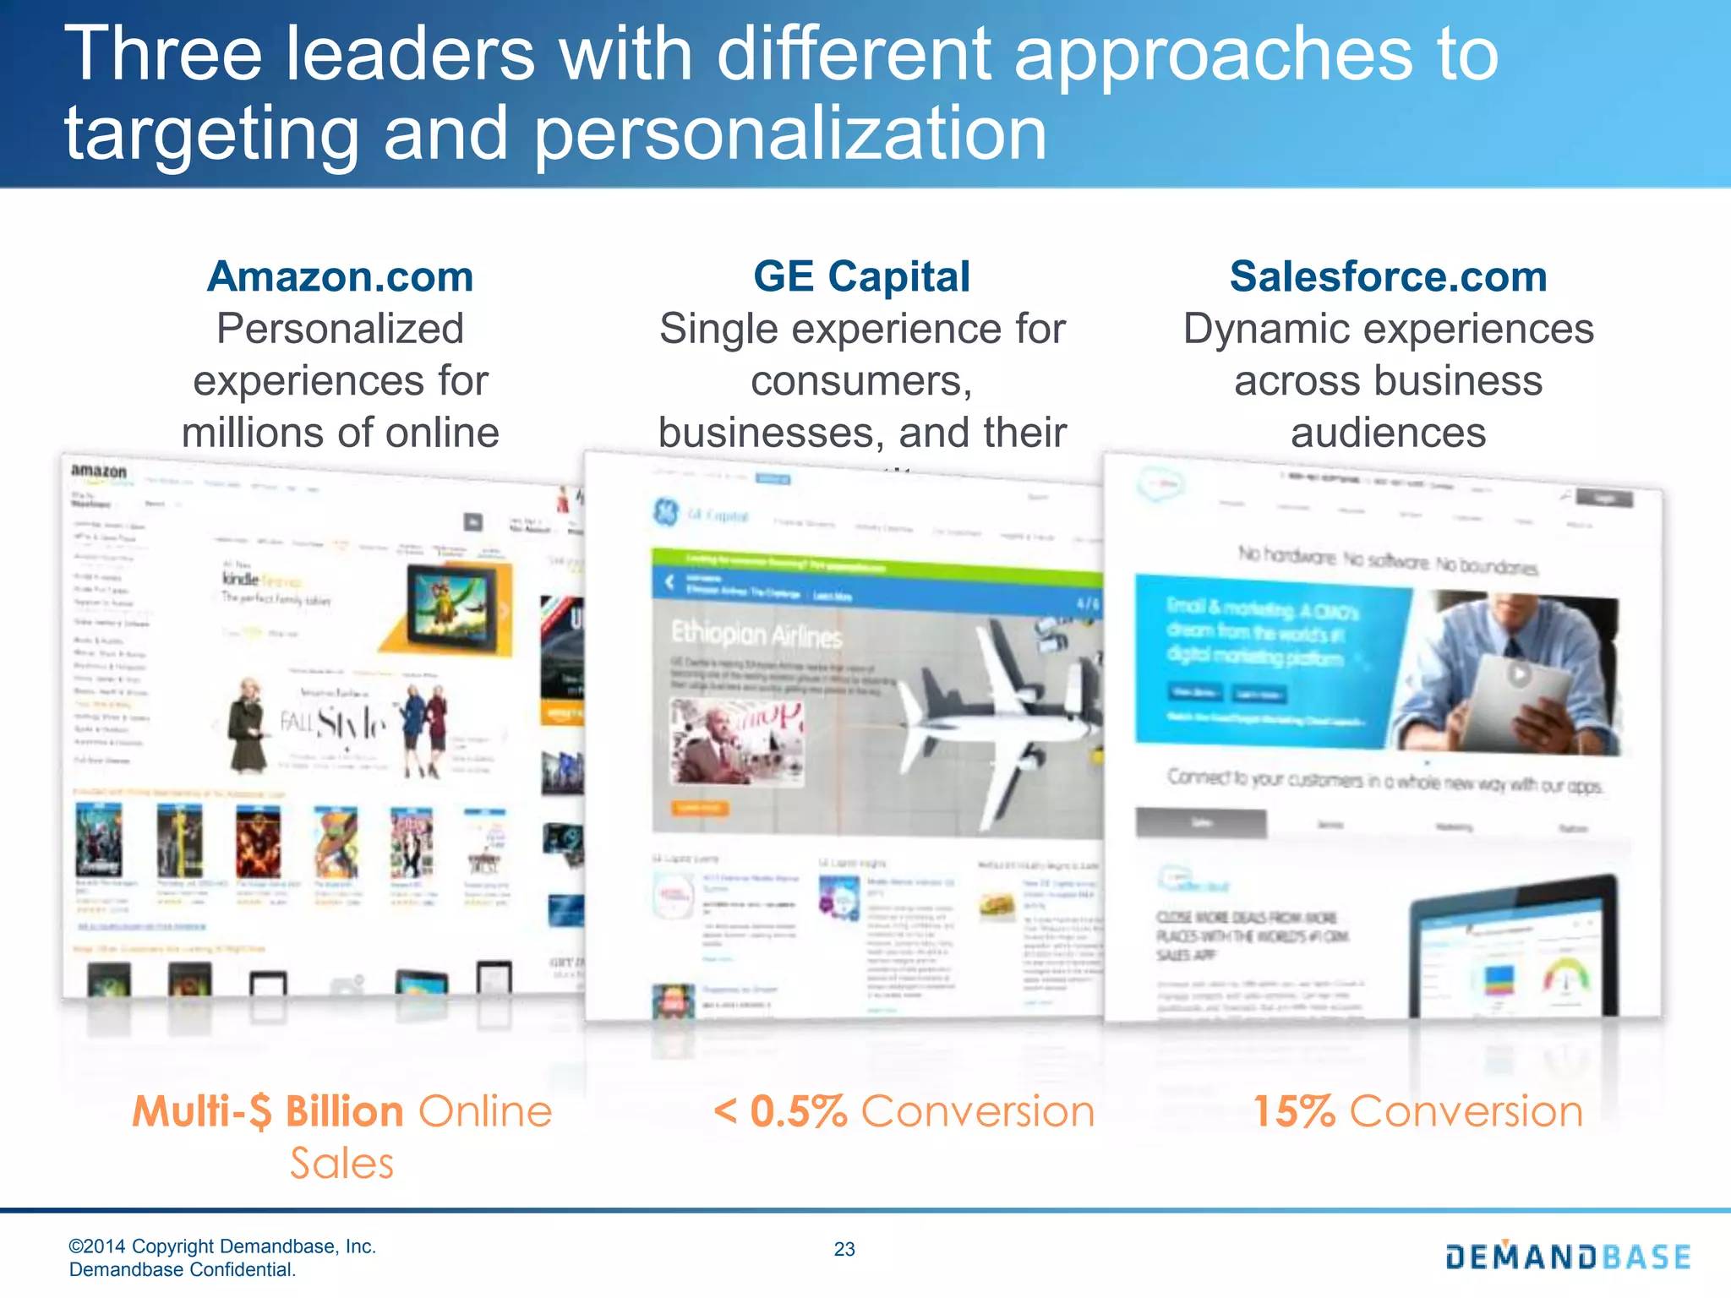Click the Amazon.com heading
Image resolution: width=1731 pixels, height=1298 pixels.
(340, 276)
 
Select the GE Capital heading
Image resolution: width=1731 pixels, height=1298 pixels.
(861, 276)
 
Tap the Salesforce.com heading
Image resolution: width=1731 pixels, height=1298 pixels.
(1388, 276)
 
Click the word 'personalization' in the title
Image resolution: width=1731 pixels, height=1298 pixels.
(790, 134)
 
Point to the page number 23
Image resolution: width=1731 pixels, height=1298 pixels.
(844, 1249)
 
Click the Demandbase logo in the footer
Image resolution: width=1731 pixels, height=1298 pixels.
(1568, 1257)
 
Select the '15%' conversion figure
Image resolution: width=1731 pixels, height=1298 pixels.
(1293, 1111)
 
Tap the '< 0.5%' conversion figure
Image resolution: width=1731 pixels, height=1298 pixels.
(780, 1111)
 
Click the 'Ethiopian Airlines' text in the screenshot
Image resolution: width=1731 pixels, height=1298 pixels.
(756, 634)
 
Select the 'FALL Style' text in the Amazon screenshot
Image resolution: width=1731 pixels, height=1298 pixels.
(334, 723)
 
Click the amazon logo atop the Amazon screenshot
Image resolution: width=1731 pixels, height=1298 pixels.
(99, 471)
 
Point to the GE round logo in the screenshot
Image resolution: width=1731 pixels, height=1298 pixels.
(665, 511)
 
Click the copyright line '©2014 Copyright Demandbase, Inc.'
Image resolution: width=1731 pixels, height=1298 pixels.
(222, 1246)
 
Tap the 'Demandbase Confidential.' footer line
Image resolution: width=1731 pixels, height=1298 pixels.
(183, 1269)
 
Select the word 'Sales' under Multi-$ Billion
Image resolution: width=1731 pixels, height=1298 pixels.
(341, 1164)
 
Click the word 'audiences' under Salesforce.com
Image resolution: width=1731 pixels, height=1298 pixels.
(1388, 433)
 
